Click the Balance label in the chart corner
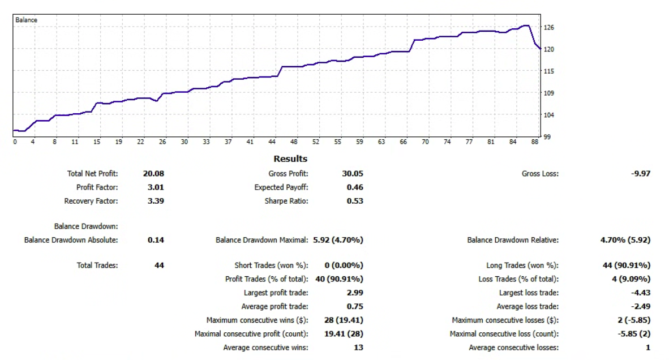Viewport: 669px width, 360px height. click(x=27, y=20)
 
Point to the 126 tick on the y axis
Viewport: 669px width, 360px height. click(x=549, y=27)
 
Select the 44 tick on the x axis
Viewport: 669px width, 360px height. click(x=272, y=142)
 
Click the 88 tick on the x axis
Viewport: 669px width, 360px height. click(x=534, y=142)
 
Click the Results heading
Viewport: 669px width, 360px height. click(x=290, y=159)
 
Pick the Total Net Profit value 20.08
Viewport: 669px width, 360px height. click(x=153, y=174)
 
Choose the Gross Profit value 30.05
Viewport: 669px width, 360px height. click(x=353, y=174)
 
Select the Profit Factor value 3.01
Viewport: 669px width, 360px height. click(x=155, y=187)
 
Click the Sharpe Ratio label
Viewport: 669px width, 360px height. click(x=286, y=201)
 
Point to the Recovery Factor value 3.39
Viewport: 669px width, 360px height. click(x=155, y=201)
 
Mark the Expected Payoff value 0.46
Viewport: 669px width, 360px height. click(x=354, y=187)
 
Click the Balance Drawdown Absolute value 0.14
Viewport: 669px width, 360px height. click(x=156, y=240)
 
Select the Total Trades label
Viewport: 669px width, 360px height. click(x=97, y=265)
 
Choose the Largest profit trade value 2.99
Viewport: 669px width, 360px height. click(x=354, y=293)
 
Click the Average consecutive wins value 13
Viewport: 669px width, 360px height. click(x=358, y=348)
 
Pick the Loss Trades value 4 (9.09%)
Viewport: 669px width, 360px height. click(x=627, y=279)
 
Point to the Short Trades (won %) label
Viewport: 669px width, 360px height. click(x=271, y=265)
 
